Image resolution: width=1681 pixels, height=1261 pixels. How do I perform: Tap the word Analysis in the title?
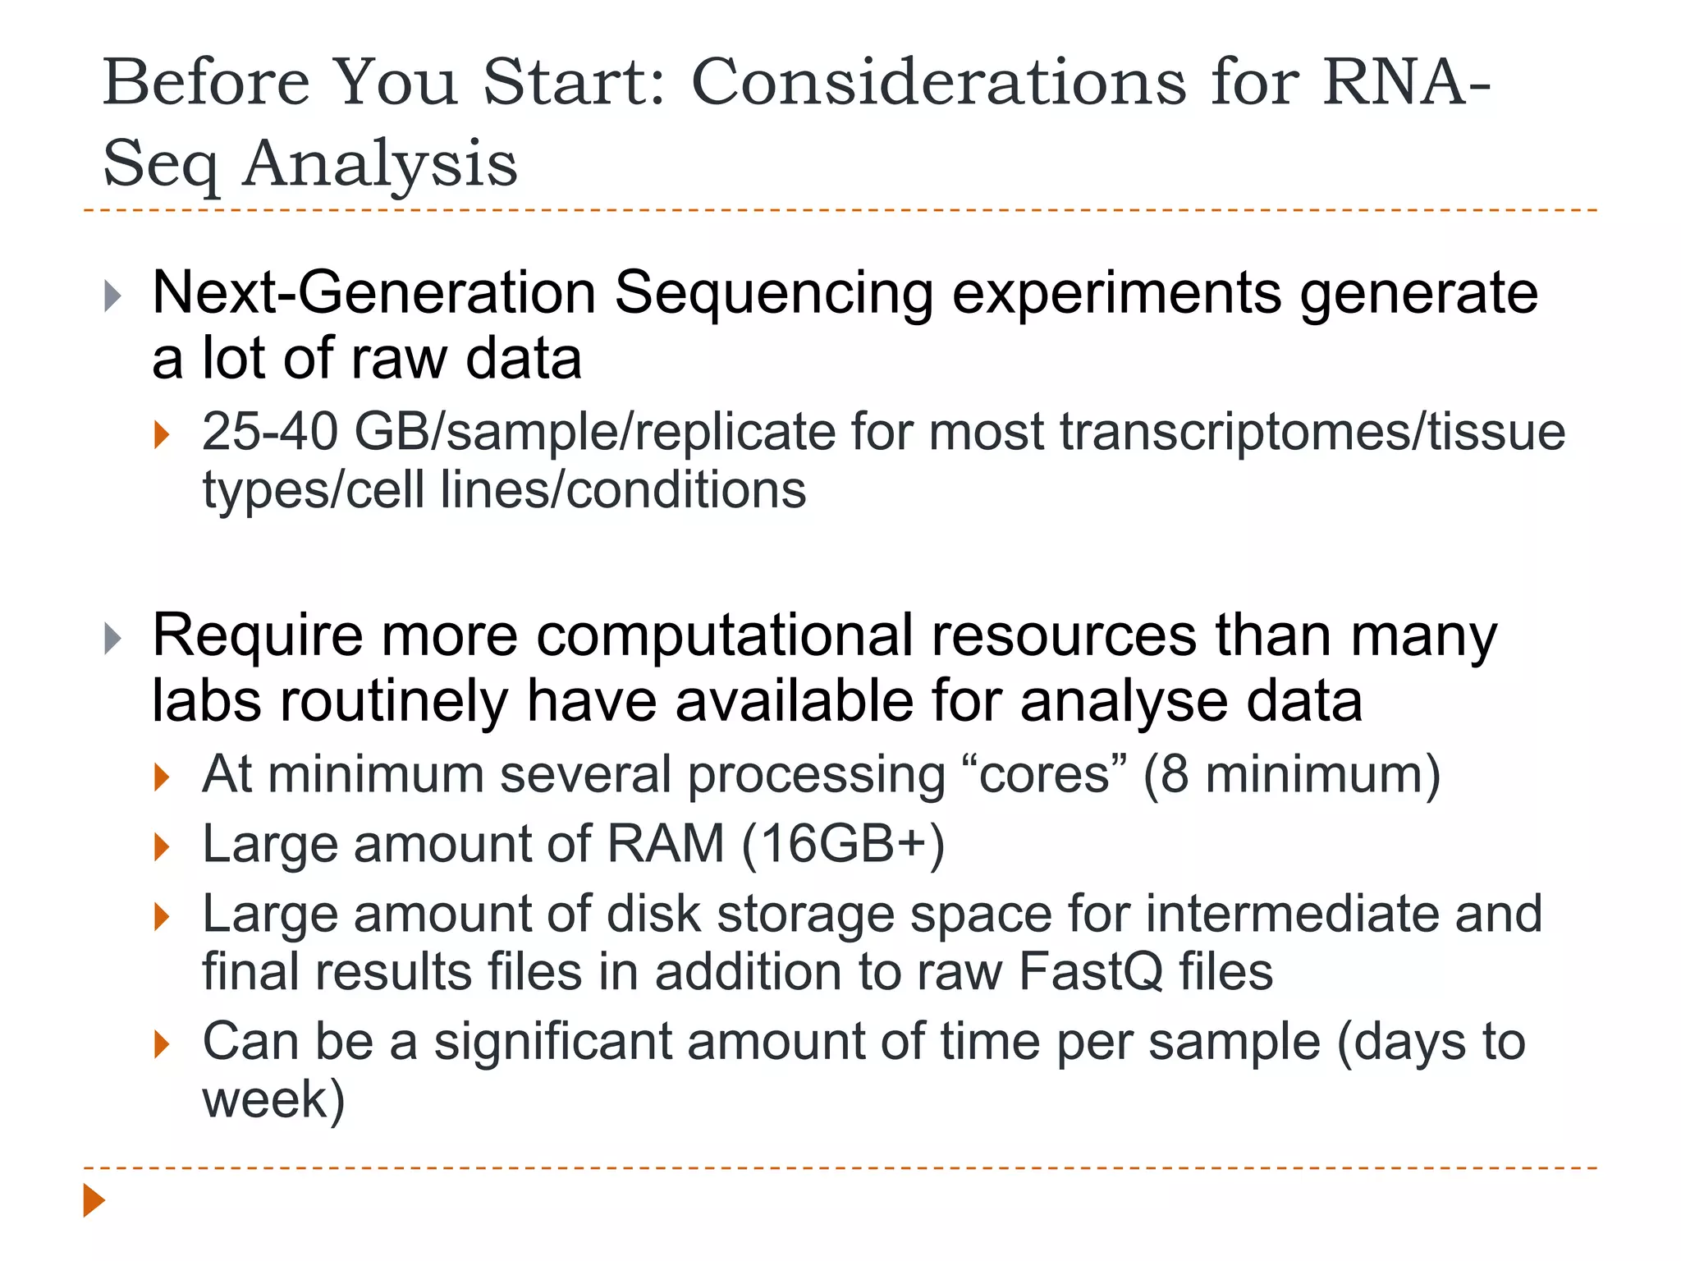380,163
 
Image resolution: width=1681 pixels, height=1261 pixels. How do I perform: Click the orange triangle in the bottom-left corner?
94,1200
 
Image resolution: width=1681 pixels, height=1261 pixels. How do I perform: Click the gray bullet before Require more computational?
113,639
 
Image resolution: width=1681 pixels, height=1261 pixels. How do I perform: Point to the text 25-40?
269,432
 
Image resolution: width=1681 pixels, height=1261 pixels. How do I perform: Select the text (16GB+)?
843,844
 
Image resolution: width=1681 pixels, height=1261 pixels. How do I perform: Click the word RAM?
665,844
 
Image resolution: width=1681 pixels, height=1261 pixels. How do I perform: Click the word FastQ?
1091,972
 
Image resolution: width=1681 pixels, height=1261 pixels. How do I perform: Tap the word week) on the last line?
273,1100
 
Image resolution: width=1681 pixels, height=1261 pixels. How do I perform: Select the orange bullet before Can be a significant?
162,1044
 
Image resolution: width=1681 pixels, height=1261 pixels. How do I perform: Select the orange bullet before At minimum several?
162,777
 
